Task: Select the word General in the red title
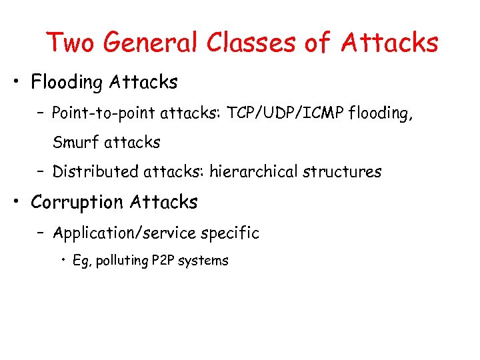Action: [151, 43]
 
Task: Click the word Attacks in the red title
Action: [389, 43]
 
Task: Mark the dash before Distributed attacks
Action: [41, 172]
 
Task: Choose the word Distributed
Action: [95, 172]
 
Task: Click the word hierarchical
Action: [253, 172]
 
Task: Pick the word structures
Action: [342, 172]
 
